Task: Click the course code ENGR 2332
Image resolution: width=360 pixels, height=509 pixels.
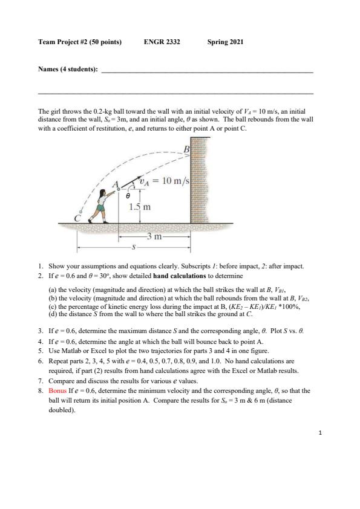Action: pyautogui.click(x=162, y=42)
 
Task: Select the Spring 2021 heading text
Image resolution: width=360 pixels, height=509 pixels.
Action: pyautogui.click(x=225, y=42)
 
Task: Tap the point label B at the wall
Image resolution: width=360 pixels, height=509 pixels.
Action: pyautogui.click(x=186, y=149)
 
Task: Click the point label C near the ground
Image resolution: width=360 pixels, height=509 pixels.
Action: pyautogui.click(x=77, y=218)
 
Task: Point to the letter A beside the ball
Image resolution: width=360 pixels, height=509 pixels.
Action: pyautogui.click(x=115, y=184)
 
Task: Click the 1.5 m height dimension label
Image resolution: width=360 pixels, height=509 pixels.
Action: pyautogui.click(x=140, y=207)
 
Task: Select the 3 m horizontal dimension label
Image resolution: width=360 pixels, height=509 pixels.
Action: pyautogui.click(x=154, y=236)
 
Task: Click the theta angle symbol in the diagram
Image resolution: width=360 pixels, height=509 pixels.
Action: pyautogui.click(x=128, y=196)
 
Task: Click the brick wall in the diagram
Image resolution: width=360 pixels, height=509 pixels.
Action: pyautogui.click(x=199, y=180)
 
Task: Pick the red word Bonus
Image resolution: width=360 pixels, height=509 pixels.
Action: pyautogui.click(x=57, y=391)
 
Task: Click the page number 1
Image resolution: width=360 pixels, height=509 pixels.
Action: pyautogui.click(x=320, y=432)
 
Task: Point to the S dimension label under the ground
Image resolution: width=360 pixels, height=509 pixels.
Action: pyautogui.click(x=133, y=248)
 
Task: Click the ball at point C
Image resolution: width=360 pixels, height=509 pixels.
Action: pyautogui.click(x=81, y=212)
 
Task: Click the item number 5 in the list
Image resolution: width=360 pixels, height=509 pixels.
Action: pyautogui.click(x=41, y=351)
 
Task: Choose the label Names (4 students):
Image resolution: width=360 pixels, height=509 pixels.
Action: pyautogui.click(x=68, y=69)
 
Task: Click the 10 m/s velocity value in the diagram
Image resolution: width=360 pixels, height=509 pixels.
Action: pyautogui.click(x=175, y=181)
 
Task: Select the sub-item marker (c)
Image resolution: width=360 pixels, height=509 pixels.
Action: pyautogui.click(x=52, y=306)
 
